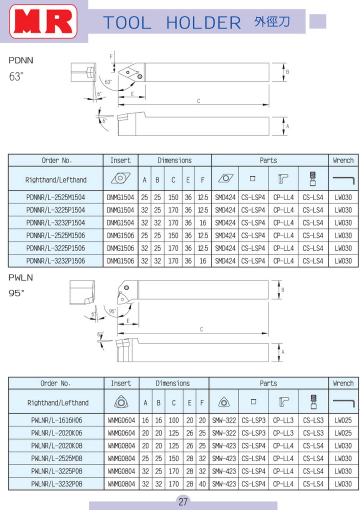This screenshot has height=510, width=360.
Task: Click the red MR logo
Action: pos(43,21)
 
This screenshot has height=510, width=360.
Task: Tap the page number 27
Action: pos(183,501)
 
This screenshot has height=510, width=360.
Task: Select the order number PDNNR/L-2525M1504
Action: pos(55,197)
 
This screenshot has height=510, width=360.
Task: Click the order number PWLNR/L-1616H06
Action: pos(56,420)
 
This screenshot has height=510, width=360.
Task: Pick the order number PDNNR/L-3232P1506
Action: pos(55,261)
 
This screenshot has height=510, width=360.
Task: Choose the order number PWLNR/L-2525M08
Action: pos(56,458)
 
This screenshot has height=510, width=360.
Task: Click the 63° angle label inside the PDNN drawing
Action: pos(108,82)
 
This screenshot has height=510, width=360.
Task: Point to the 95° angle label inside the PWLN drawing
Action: pos(112,311)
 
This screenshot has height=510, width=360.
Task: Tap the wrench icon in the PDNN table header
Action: pos(343,179)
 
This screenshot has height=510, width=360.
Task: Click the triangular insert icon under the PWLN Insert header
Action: pos(121,402)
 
